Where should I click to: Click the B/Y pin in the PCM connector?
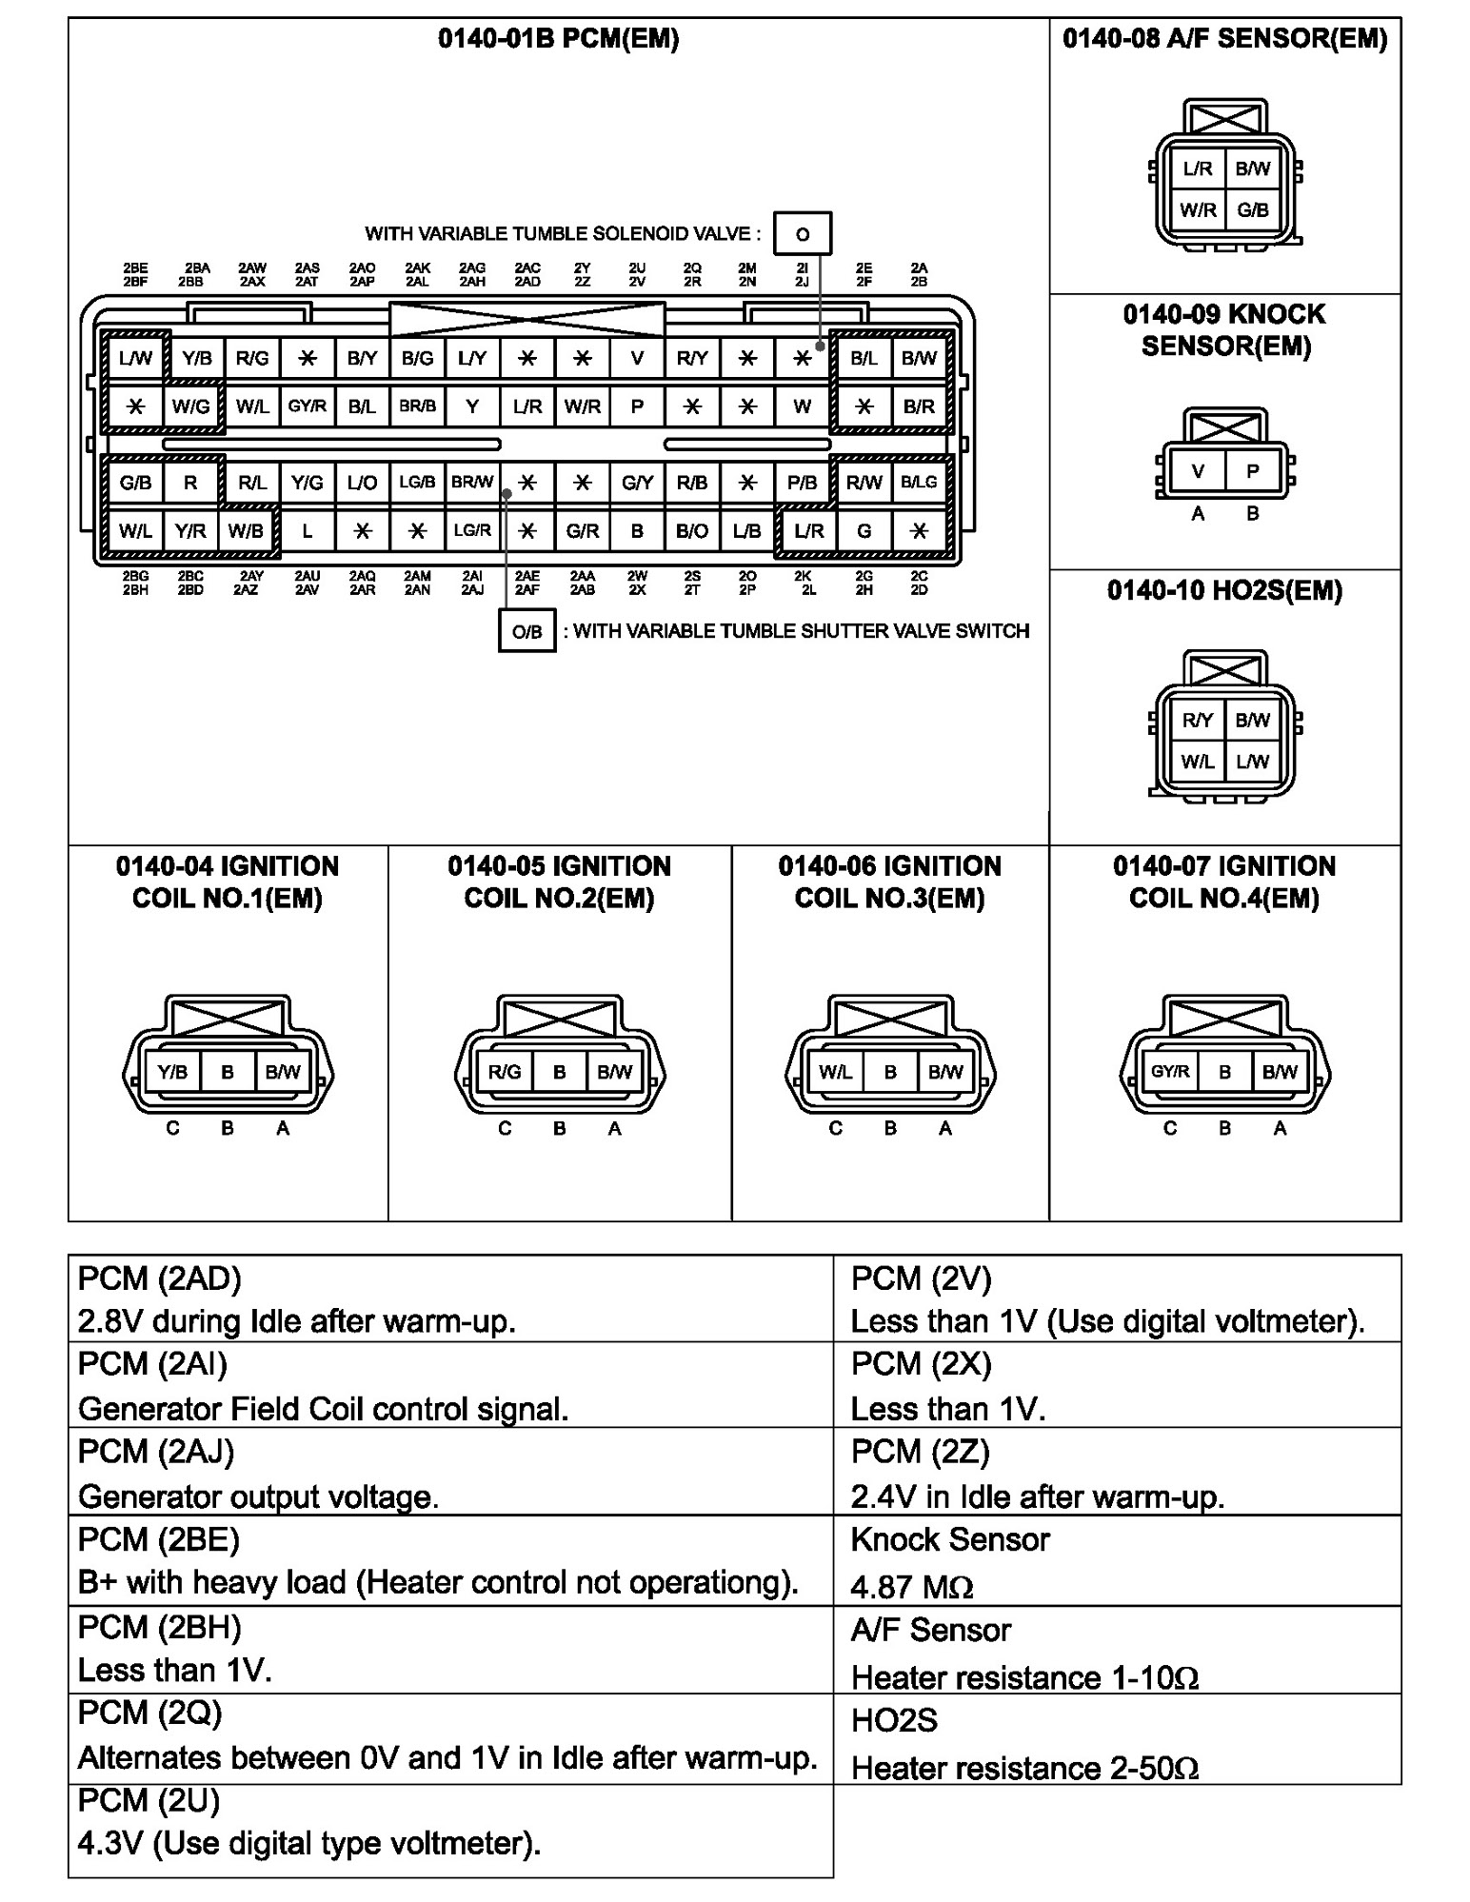tap(362, 358)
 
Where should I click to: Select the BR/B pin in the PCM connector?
tap(417, 406)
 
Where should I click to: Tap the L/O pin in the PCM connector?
tap(362, 483)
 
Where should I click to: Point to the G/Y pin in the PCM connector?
tap(637, 483)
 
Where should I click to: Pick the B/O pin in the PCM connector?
tap(692, 531)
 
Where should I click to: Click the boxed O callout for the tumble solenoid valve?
tap(803, 234)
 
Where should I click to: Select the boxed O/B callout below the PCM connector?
tap(526, 631)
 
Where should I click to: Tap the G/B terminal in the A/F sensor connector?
tap(1253, 210)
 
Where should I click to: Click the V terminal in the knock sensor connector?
tap(1198, 471)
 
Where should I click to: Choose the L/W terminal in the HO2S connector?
tap(1253, 762)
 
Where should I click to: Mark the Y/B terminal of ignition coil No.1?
tap(172, 1072)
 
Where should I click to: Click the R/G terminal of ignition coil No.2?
tap(505, 1072)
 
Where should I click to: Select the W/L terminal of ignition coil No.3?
tap(835, 1072)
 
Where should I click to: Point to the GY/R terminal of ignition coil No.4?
tap(1170, 1072)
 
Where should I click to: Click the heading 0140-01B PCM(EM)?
tap(558, 39)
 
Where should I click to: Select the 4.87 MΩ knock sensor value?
tap(911, 1587)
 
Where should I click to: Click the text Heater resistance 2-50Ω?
tap(1024, 1769)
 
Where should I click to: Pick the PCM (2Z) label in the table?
tap(921, 1452)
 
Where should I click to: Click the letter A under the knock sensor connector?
tap(1198, 514)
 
